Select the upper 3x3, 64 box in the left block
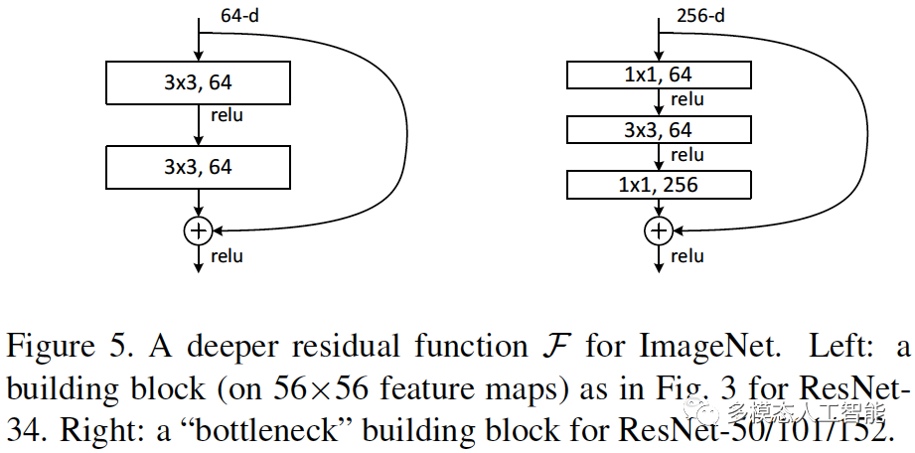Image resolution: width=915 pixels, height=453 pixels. (x=199, y=83)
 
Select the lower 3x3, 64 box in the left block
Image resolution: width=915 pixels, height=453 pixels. (x=199, y=167)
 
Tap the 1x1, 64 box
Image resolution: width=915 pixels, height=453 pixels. (x=657, y=75)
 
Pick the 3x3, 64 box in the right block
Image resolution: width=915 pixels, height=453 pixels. (x=657, y=130)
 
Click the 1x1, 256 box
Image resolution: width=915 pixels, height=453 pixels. (x=657, y=185)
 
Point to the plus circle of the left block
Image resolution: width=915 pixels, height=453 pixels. (x=199, y=230)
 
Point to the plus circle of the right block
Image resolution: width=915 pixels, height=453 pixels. (x=658, y=230)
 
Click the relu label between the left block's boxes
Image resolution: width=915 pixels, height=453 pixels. (x=227, y=115)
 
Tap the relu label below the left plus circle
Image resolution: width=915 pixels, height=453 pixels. (x=227, y=256)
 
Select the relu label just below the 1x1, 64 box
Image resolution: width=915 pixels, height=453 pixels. (x=686, y=99)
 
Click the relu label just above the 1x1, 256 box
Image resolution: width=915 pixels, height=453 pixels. (x=686, y=155)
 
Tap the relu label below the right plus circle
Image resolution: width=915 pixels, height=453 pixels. (x=686, y=256)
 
